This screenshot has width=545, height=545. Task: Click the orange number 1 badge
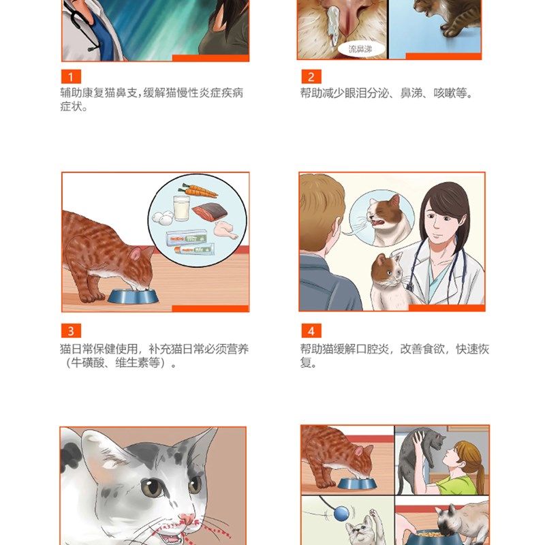pyautogui.click(x=71, y=77)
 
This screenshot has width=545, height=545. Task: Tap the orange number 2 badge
pyautogui.click(x=311, y=77)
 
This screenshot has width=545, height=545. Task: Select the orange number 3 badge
pyautogui.click(x=71, y=332)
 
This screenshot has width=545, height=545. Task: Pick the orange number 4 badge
pyautogui.click(x=311, y=332)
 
